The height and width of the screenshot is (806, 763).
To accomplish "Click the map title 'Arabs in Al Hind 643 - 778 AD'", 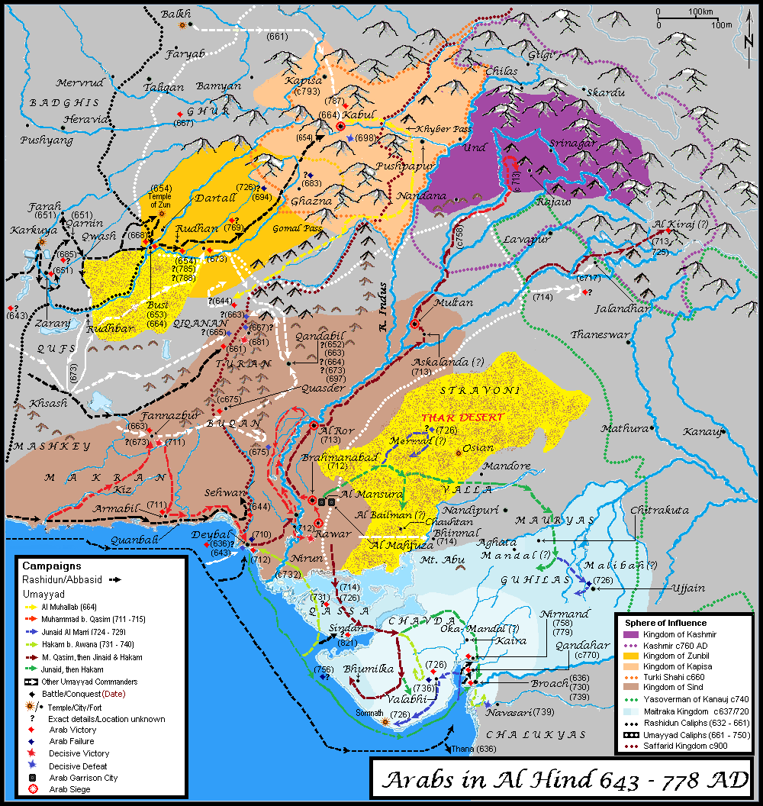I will pyautogui.click(x=565, y=781).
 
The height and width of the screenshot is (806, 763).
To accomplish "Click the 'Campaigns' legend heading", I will pyautogui.click(x=51, y=566).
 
